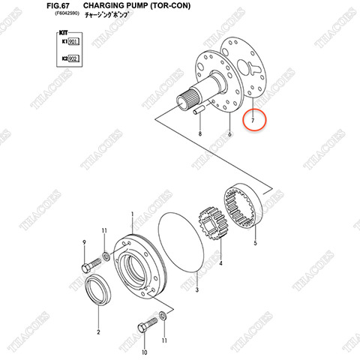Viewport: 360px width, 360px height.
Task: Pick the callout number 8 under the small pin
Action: click(200, 133)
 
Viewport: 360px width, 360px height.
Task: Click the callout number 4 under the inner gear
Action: click(221, 264)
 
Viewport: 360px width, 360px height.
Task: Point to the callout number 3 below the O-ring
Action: click(196, 289)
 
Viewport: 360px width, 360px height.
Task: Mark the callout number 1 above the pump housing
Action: click(132, 214)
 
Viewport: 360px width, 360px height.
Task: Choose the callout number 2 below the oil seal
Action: click(97, 330)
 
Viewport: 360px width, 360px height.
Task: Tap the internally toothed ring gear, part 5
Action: click(242, 209)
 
